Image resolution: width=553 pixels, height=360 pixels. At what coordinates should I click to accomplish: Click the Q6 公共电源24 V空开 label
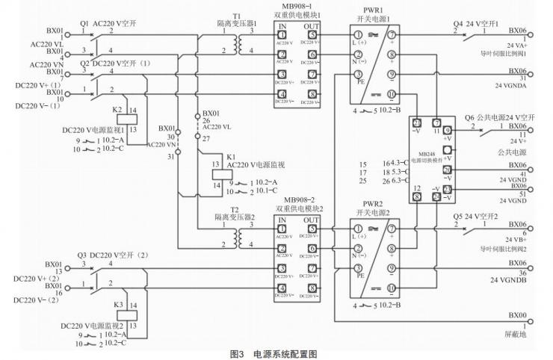coord(500,117)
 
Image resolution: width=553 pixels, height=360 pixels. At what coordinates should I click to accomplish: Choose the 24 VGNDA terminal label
coord(508,84)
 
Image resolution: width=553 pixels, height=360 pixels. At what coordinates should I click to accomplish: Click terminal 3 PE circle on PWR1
coord(359,73)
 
